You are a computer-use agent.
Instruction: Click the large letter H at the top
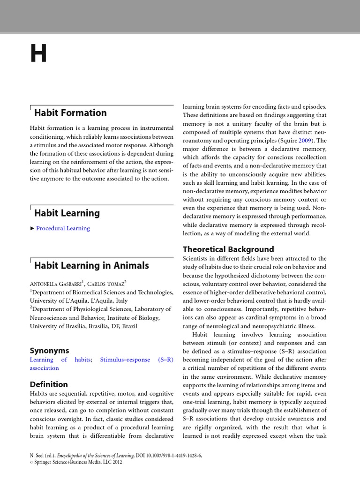point(39,54)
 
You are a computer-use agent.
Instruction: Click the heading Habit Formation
point(70,113)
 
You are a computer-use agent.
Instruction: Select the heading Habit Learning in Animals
point(91,266)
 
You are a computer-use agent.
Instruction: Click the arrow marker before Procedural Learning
point(32,228)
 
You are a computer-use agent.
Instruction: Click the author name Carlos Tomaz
point(107,284)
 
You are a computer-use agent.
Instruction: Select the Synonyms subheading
point(49,351)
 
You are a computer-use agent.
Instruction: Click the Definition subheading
point(49,384)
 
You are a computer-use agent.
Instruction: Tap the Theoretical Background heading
point(228,249)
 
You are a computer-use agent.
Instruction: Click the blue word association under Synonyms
point(45,368)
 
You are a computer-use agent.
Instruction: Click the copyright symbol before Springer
point(31,462)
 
